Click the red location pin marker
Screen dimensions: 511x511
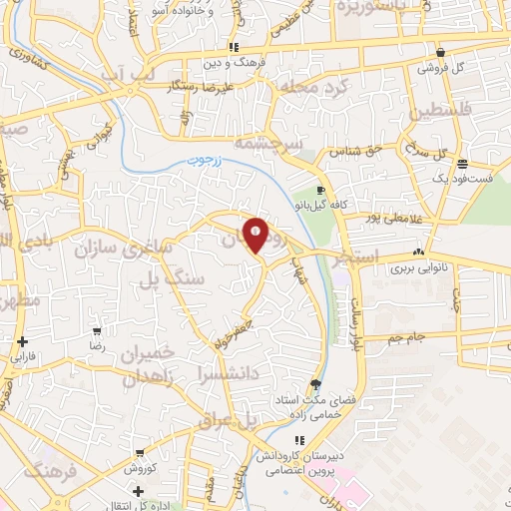click(256, 234)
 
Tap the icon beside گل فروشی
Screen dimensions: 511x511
click(440, 53)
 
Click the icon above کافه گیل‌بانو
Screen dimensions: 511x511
click(319, 190)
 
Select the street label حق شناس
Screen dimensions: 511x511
click(364, 152)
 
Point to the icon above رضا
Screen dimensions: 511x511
click(97, 331)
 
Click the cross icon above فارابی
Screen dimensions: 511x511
click(22, 341)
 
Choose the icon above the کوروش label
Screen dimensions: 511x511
click(136, 455)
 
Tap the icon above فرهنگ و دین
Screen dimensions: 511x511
click(233, 47)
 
